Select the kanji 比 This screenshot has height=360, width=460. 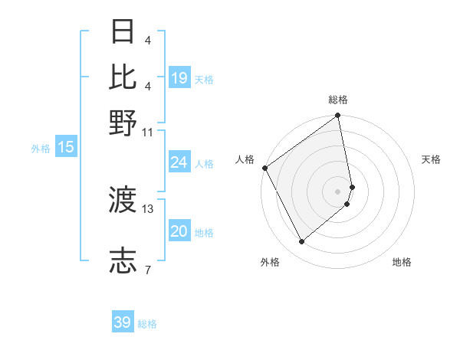click(123, 77)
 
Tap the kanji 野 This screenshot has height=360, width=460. click(123, 123)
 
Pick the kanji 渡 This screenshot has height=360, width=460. click(123, 201)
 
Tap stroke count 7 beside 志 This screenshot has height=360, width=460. click(147, 270)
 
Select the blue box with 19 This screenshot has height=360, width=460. click(179, 78)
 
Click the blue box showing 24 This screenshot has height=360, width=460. click(179, 162)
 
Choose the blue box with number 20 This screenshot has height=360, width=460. click(179, 232)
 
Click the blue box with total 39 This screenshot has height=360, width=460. click(123, 322)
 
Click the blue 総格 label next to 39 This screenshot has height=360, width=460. click(147, 324)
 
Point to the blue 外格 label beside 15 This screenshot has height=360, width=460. click(41, 149)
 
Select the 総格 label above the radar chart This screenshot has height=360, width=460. click(338, 100)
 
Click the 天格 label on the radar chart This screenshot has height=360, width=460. click(431, 159)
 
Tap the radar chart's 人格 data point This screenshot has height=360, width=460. click(264, 169)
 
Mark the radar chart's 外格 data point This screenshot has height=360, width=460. click(301, 242)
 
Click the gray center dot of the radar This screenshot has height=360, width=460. click(338, 191)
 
